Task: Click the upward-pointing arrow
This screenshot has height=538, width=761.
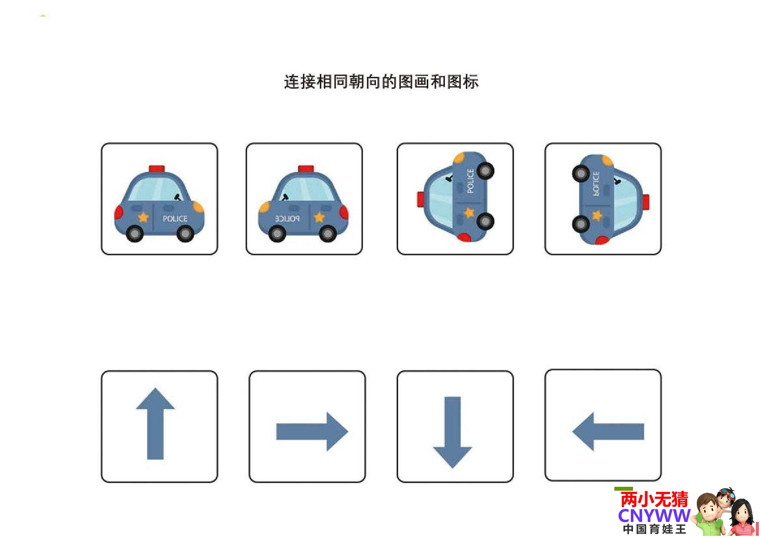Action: (155, 423)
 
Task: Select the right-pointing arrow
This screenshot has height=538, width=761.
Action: (312, 432)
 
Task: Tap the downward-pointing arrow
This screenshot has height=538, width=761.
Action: (453, 432)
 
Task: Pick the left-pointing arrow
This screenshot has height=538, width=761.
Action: (608, 432)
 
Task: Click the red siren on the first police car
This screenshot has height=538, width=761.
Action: (157, 168)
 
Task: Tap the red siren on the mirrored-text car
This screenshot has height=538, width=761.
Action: (306, 168)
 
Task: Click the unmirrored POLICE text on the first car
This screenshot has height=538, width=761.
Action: (175, 219)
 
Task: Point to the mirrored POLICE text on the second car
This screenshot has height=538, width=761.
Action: (287, 219)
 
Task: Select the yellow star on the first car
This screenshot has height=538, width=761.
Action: (143, 217)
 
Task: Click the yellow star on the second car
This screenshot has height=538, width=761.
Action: (319, 217)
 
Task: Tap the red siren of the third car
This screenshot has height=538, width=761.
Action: (421, 199)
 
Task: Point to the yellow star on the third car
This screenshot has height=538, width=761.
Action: (469, 213)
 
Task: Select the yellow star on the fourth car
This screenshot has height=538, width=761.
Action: (597, 215)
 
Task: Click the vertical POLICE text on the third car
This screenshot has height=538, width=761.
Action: (470, 181)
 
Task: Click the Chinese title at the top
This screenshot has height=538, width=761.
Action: (381, 82)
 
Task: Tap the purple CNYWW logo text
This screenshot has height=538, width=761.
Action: (654, 516)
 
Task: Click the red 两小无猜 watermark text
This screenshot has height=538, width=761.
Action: (654, 499)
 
